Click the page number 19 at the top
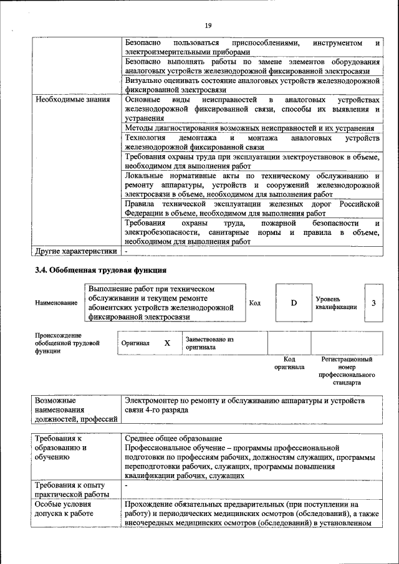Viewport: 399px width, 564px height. click(x=208, y=25)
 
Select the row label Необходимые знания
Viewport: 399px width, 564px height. click(x=64, y=100)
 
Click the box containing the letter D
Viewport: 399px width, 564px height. click(x=294, y=303)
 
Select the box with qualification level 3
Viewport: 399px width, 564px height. click(x=373, y=303)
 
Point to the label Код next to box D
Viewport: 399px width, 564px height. click(x=255, y=304)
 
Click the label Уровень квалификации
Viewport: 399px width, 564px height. click(x=336, y=303)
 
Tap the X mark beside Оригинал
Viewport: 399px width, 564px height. click(x=167, y=343)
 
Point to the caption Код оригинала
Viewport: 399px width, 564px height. click(x=289, y=363)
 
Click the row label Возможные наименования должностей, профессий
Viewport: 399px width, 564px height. click(x=76, y=409)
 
